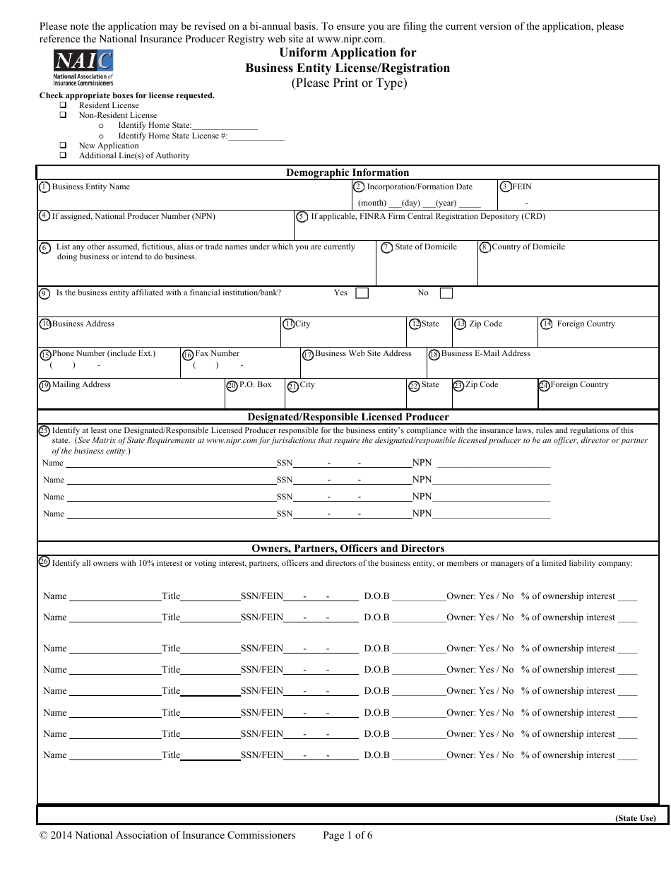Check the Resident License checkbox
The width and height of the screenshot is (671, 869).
tap(63, 105)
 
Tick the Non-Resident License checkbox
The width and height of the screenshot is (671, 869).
tap(63, 115)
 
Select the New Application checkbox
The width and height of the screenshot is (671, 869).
tap(63, 146)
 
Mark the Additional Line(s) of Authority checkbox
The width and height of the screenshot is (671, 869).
tap(63, 155)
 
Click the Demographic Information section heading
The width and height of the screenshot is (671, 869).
tap(348, 172)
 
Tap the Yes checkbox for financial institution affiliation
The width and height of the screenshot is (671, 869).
tap(362, 293)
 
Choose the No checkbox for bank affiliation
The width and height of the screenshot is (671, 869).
tap(446, 293)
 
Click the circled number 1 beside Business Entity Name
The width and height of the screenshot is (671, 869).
tap(44, 187)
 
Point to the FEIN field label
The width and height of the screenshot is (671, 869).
tap(522, 187)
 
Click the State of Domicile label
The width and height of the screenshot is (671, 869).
tap(426, 247)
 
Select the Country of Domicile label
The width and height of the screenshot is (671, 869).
tap(528, 247)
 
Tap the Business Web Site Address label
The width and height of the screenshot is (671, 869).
tap(363, 353)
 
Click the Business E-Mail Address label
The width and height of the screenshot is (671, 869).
tap(486, 353)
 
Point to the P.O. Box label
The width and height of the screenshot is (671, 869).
tap(255, 385)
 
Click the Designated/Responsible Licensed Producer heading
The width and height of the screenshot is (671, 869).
tap(348, 417)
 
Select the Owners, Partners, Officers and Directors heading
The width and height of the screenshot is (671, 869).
tap(348, 548)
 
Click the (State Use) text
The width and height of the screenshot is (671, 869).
tap(636, 819)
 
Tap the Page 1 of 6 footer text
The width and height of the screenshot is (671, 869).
tap(348, 836)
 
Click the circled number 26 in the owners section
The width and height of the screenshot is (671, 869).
tap(44, 562)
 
